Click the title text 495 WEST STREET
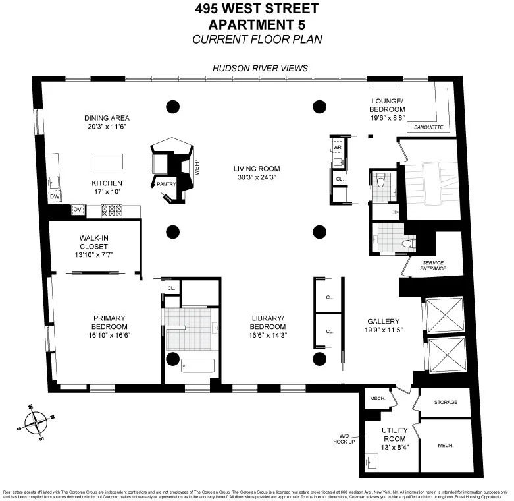[x=257, y=9]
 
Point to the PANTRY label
[x=165, y=184]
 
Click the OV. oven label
[x=77, y=210]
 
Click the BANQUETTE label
[x=428, y=127]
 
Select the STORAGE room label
[x=446, y=401]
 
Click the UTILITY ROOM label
[x=396, y=434]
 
